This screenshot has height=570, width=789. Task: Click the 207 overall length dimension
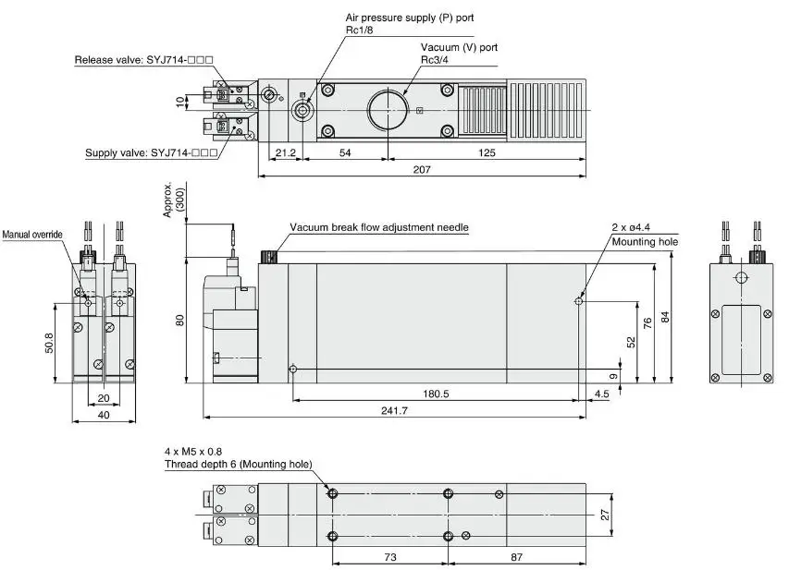[421, 169]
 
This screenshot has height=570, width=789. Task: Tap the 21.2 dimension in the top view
[283, 152]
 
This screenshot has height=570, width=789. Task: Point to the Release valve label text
[144, 60]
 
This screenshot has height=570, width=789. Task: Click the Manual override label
[32, 235]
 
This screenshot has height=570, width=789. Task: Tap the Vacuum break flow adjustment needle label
[379, 227]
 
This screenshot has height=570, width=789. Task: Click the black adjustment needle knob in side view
[269, 256]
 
